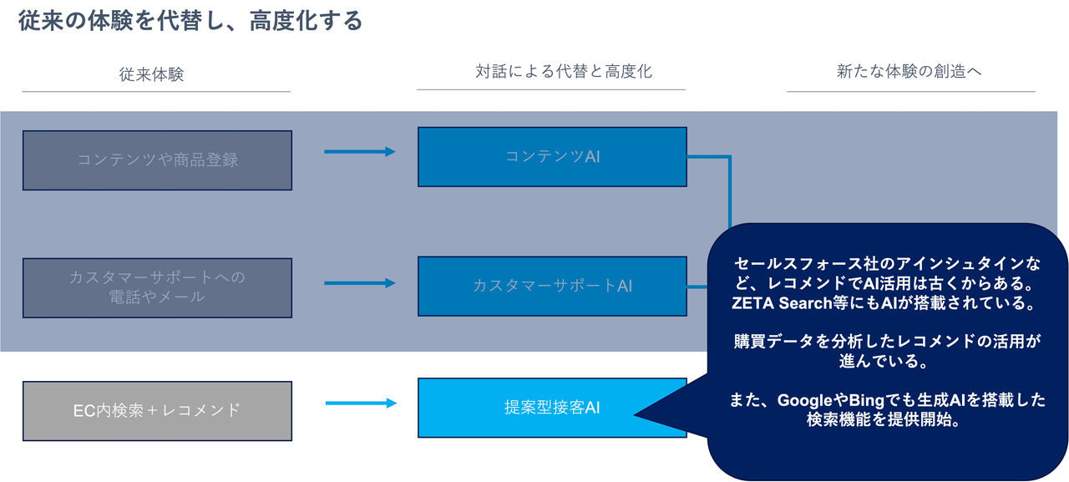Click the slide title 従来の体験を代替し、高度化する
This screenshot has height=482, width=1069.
click(x=190, y=21)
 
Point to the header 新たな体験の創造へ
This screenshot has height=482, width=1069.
click(x=909, y=72)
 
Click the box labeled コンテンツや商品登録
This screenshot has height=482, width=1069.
click(x=157, y=160)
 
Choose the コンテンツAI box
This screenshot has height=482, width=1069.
click(x=552, y=156)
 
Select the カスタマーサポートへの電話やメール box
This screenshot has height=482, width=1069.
click(x=157, y=287)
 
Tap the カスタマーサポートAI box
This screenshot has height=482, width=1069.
click(x=552, y=286)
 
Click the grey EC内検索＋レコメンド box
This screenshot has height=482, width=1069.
click(x=157, y=410)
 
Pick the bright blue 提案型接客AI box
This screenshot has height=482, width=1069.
click(x=552, y=408)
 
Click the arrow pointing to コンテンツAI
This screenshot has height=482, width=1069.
click(x=359, y=151)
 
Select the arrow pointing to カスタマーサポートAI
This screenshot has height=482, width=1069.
click(x=359, y=283)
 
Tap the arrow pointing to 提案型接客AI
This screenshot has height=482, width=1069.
click(x=360, y=403)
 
